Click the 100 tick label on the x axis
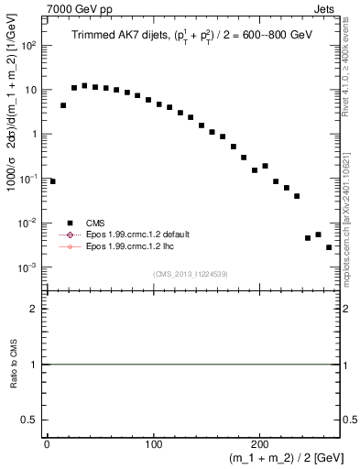coord(153,443)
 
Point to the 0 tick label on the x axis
coord(47,443)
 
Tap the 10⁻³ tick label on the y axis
coord(30,267)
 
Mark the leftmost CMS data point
coord(52,181)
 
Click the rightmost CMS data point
coord(329,247)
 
